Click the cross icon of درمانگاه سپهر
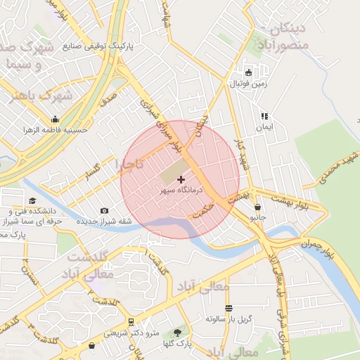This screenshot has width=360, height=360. pos(181,181)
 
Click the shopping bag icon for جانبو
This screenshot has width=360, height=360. pos(258,207)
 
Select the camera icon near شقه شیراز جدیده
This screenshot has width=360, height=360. pos(105,210)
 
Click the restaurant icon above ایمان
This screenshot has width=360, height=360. pos(264,116)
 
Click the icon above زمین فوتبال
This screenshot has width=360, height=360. pos(247,72)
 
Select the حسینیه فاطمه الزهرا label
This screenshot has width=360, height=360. pos(56,130)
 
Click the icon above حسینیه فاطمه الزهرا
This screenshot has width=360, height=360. pos(56,119)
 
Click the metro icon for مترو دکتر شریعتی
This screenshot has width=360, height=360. pos(131,322)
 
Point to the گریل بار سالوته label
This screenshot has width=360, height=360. pos(229,319)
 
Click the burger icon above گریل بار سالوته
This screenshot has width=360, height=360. pos(229,308)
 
